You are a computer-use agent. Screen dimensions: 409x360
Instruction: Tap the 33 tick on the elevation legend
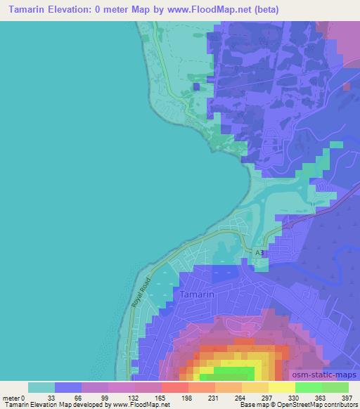[x=55, y=397]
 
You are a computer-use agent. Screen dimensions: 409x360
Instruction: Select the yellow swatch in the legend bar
[x=281, y=387]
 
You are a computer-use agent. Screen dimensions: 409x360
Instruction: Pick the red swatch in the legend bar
[x=174, y=387]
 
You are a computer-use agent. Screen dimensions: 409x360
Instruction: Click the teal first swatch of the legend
[x=41, y=387]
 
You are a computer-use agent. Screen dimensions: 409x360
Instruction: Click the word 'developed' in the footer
[x=88, y=405]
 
